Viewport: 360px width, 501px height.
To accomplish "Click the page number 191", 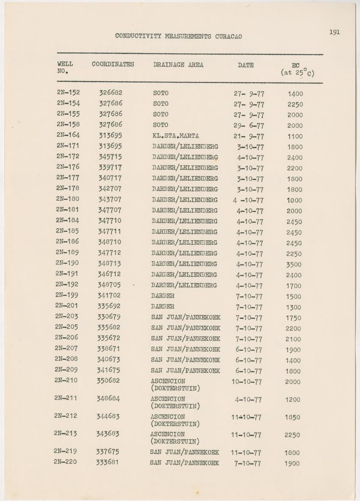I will click(334, 32).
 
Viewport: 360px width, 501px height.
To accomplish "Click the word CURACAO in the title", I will click(227, 36).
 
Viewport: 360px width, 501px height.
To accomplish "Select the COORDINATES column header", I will click(113, 64).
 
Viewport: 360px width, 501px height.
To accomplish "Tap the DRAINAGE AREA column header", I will click(178, 65).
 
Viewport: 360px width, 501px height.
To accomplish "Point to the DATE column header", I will click(246, 65).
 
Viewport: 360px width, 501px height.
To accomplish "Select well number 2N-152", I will click(68, 92).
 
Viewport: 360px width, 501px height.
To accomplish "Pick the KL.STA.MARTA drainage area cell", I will click(175, 136).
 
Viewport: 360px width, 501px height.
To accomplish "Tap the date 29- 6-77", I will click(249, 126).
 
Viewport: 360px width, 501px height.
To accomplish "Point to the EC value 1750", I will click(293, 318).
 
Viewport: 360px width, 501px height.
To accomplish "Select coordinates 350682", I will click(108, 380).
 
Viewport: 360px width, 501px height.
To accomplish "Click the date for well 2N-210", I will click(246, 382).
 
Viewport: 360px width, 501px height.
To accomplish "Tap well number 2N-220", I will click(65, 462).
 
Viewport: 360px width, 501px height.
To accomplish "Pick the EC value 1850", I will click(292, 417).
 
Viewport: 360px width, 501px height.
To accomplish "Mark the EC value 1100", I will click(294, 137).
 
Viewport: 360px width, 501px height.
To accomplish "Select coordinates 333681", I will click(107, 462).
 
